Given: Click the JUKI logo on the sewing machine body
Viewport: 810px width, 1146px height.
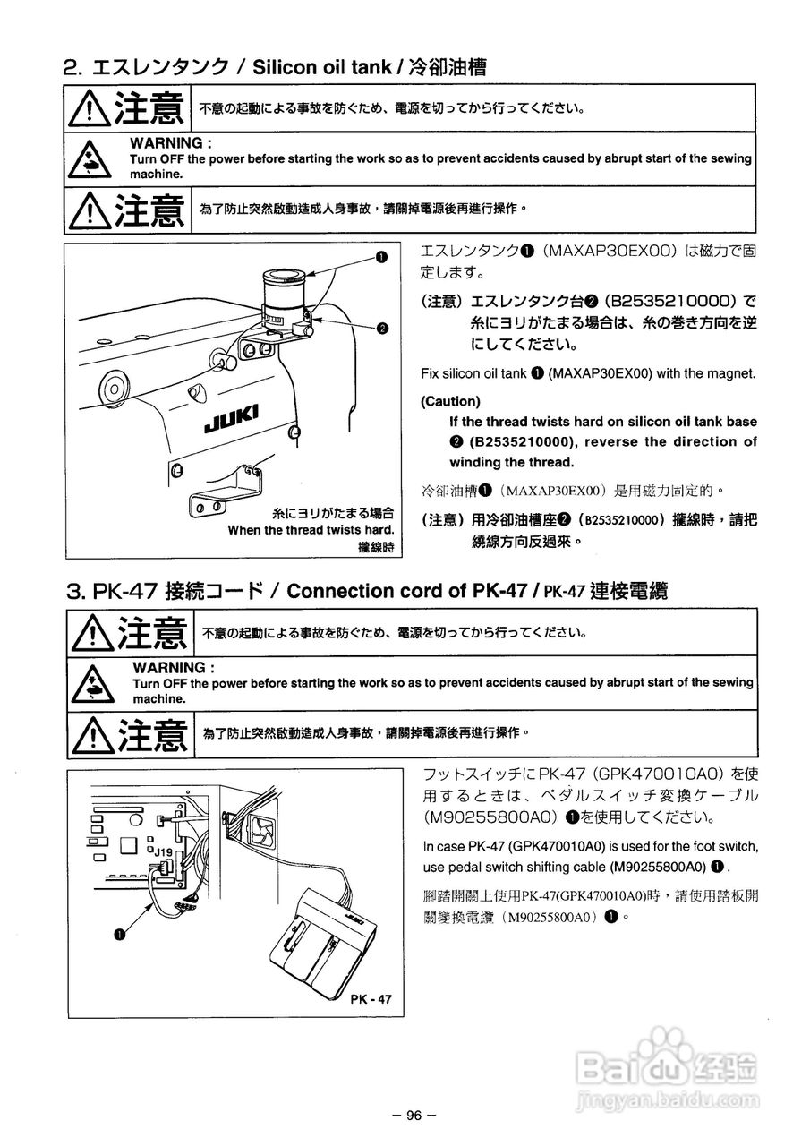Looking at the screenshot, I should click(232, 418).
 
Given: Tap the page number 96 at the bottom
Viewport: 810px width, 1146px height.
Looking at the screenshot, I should click(413, 1115).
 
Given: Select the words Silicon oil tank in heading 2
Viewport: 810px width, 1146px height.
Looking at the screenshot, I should click(322, 67).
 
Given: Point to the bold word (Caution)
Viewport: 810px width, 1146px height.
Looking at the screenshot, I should click(450, 401).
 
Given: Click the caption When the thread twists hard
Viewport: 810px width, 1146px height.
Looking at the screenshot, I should click(311, 529).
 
